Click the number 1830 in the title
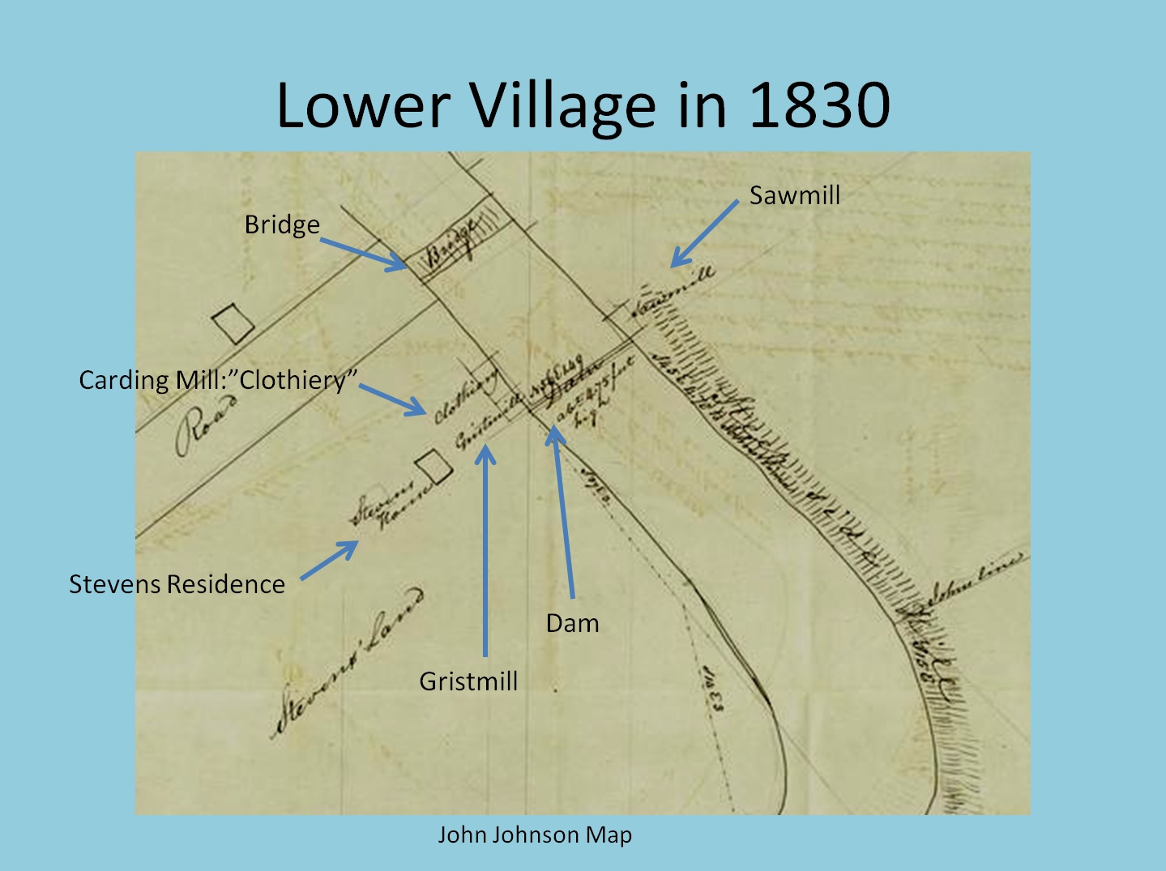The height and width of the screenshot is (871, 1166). click(x=819, y=105)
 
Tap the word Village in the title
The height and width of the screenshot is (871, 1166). click(x=564, y=107)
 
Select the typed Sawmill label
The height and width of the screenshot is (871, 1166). click(x=794, y=195)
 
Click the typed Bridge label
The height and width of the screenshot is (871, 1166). click(x=282, y=224)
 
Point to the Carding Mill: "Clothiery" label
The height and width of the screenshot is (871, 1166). click(x=218, y=380)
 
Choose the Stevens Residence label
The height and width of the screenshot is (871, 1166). click(x=177, y=584)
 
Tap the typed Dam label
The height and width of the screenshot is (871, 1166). click(x=572, y=623)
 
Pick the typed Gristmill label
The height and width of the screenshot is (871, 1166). click(x=468, y=681)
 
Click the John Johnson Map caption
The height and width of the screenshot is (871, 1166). click(x=535, y=835)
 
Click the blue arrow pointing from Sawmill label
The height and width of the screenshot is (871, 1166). click(x=704, y=233)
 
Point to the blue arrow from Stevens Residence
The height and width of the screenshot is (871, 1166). click(x=329, y=560)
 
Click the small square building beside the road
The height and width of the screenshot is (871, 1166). click(x=233, y=324)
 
